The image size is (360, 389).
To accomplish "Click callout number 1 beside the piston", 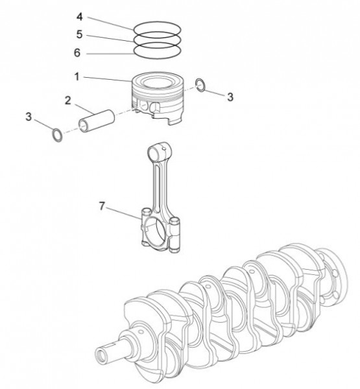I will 77,77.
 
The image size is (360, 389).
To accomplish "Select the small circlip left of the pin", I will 58,136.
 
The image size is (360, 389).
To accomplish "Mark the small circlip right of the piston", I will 201,84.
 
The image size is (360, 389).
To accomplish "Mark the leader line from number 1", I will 107,78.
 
